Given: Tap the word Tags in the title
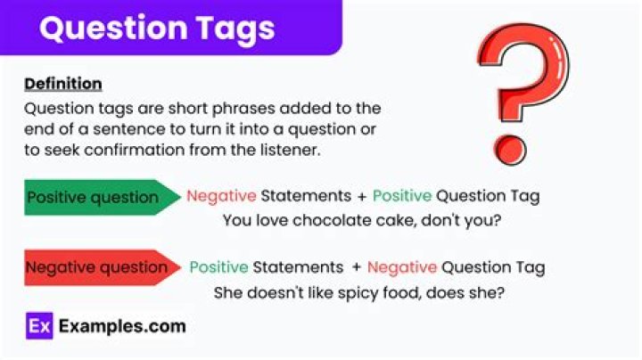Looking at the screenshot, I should (231, 29).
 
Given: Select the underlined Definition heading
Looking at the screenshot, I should (62, 84).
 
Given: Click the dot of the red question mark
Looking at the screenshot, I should (512, 144).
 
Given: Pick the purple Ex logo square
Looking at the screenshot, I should (39, 326).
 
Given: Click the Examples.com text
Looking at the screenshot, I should (122, 326).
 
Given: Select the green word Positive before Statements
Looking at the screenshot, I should (218, 267).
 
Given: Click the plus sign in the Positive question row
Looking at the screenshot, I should (359, 195).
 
